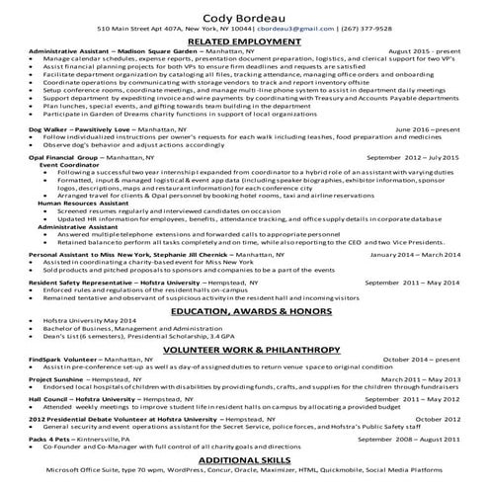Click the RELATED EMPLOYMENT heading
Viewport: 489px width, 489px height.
click(x=244, y=42)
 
